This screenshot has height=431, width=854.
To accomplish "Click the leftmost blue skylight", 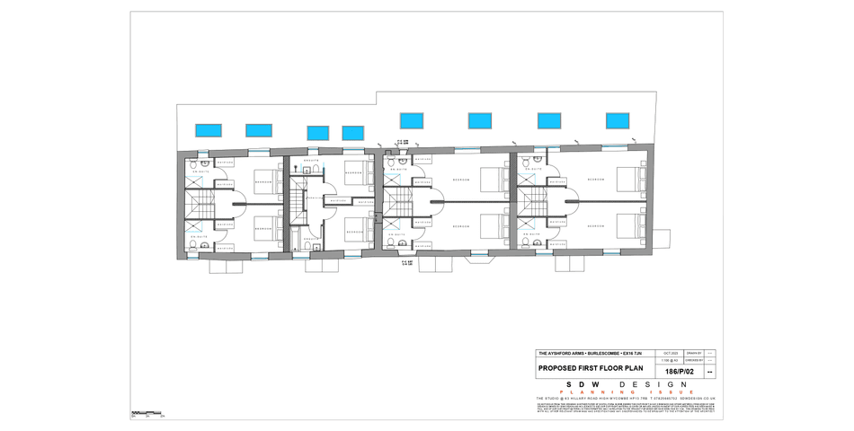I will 209,130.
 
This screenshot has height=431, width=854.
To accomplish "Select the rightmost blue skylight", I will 618,120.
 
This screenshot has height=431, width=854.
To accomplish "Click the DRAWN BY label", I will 693,354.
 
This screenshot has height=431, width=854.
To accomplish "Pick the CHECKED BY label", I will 693,360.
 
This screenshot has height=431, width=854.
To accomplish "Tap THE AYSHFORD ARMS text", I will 561,354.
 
